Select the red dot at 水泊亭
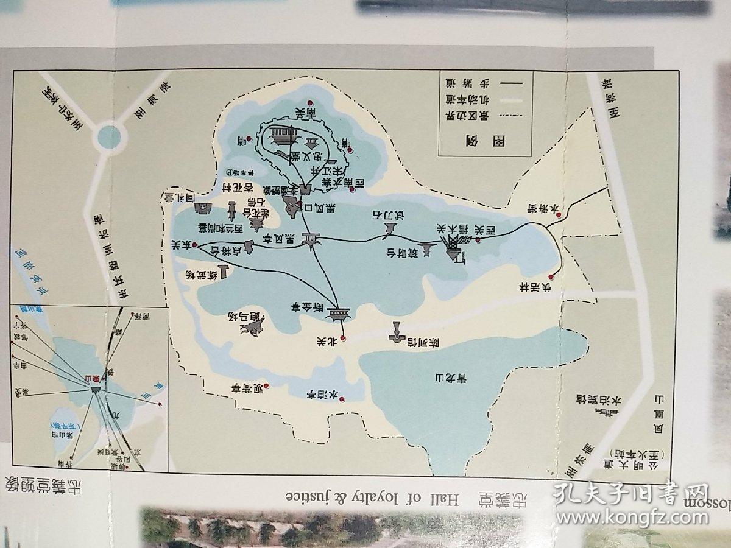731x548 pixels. (x=342, y=400)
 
